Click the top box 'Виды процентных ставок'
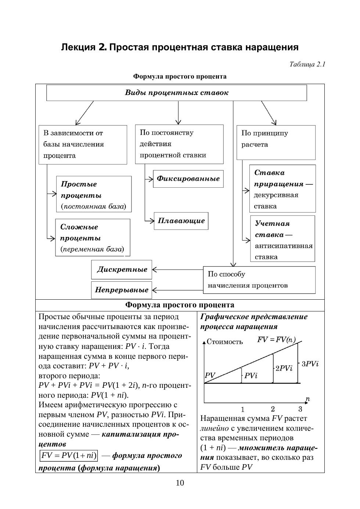coord(176,93)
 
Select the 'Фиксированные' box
coord(188,179)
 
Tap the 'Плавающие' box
coord(181,221)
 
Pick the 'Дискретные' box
coord(122,270)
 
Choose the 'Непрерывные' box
coord(122,290)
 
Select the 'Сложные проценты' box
coord(93,238)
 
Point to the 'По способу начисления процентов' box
coord(259,280)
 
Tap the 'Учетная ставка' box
coord(282,239)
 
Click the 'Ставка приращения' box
coord(282,189)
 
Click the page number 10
coord(180,483)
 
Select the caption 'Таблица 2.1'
coord(307,65)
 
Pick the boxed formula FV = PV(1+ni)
coord(69,456)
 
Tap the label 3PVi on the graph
coord(310,364)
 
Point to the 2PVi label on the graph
coord(284,368)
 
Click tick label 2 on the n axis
coord(273,409)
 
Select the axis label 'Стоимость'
coord(224,342)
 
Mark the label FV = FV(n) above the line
coord(276,340)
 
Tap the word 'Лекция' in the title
coord(78,47)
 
